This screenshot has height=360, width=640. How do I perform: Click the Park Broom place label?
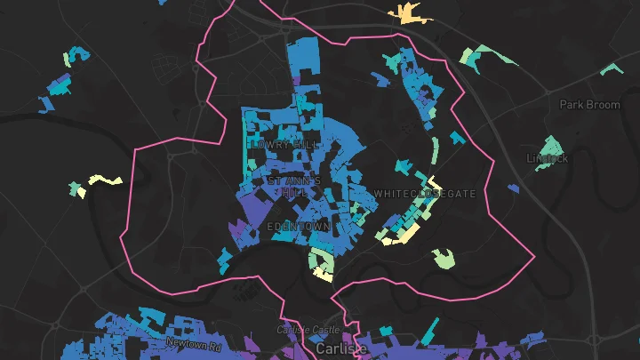click(589, 105)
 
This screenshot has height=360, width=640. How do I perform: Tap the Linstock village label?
click(547, 159)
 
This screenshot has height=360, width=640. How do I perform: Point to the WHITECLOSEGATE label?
click(425, 194)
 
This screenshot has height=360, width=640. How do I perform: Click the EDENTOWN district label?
click(299, 228)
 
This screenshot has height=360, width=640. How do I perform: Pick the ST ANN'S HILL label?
click(288, 186)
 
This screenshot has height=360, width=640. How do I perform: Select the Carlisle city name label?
click(341, 349)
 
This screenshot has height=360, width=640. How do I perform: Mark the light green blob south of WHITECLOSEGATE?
click(444, 259)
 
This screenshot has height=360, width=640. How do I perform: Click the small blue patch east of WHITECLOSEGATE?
click(514, 188)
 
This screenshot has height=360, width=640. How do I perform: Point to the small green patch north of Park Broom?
click(611, 68)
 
